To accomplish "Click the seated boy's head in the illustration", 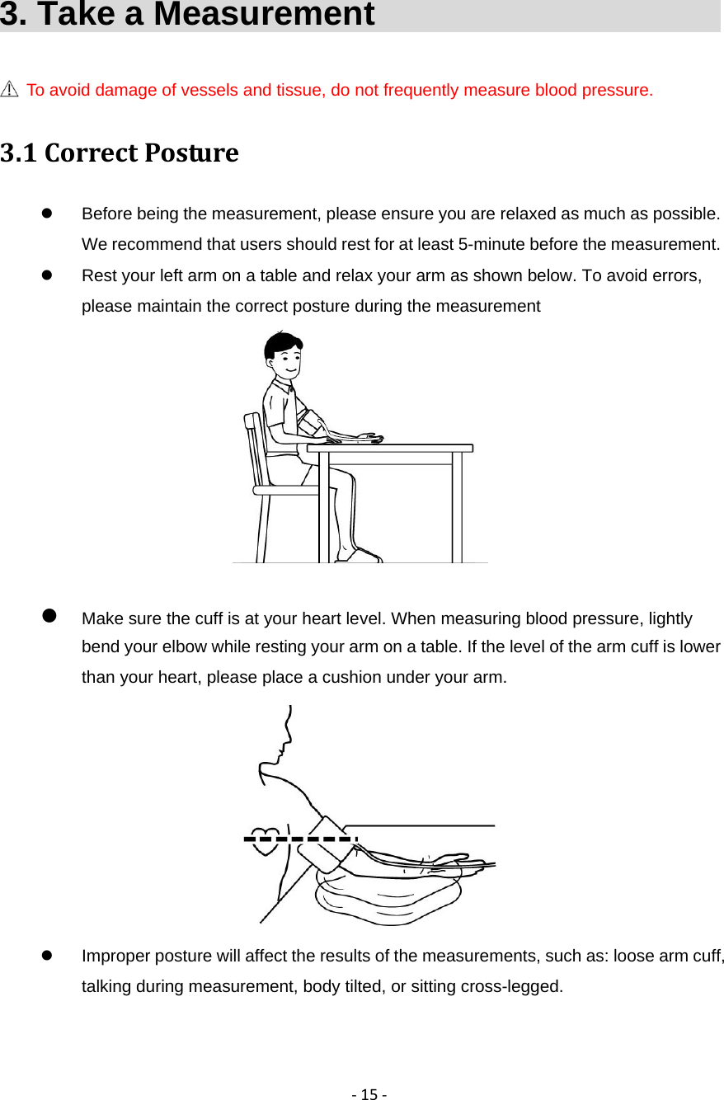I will click(283, 354).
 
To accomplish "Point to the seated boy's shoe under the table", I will click(363, 557).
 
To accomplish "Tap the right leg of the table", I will click(456, 507).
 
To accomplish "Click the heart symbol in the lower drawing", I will click(266, 839).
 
